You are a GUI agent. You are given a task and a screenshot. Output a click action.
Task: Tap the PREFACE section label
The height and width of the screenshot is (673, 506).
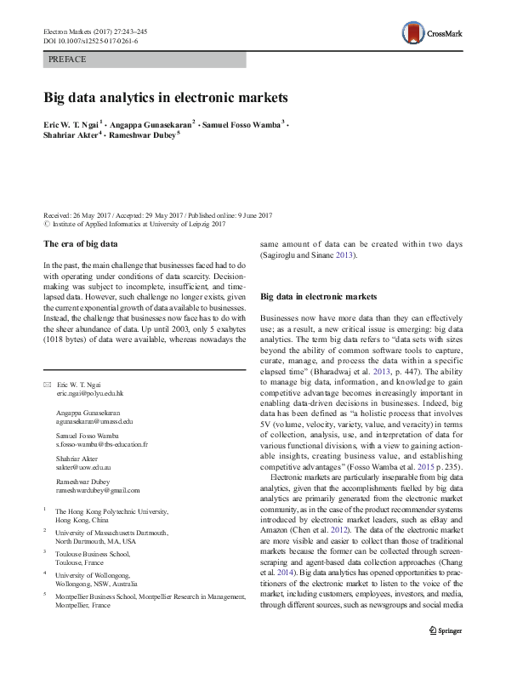68,60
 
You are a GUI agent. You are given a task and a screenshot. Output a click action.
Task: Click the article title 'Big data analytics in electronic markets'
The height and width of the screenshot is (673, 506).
167,97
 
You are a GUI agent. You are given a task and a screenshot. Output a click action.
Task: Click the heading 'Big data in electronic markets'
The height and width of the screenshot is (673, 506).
318,297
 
